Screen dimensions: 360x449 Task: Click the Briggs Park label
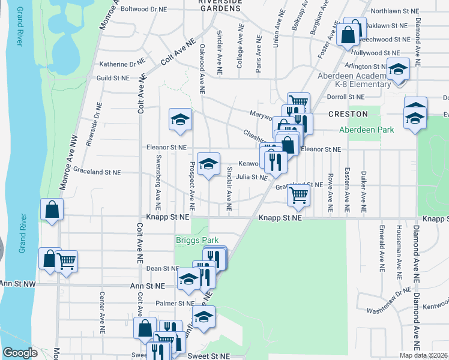[x=197, y=240]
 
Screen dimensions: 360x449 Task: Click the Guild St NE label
[x=113, y=78]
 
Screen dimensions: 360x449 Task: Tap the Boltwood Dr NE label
[x=143, y=9]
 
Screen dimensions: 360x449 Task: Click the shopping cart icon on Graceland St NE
[x=298, y=194]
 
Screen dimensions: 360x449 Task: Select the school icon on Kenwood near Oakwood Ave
[x=208, y=164]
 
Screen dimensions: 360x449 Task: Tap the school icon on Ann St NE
[x=188, y=279]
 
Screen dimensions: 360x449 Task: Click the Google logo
[x=20, y=353]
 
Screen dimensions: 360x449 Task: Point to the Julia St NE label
[x=251, y=177]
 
